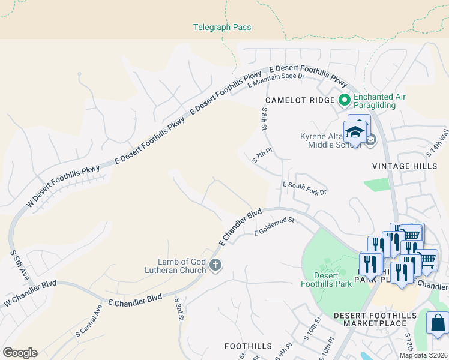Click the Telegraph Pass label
click(x=222, y=28)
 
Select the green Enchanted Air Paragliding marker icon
click(x=345, y=100)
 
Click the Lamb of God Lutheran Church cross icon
click(x=215, y=265)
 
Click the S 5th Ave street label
click(x=19, y=265)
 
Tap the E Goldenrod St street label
click(x=274, y=226)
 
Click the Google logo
click(x=20, y=353)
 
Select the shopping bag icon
click(x=438, y=322)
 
